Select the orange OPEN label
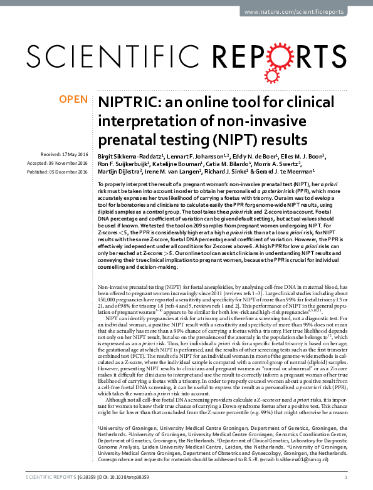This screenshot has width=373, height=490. tap(73, 99)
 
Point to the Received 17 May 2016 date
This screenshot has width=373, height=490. tap(65, 154)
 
